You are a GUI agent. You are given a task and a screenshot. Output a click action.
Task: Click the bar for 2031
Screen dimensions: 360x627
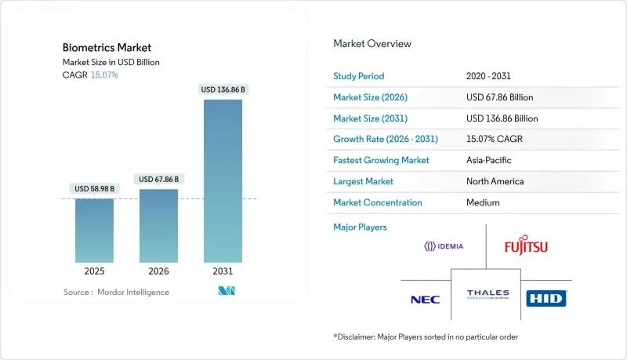pyautogui.click(x=223, y=180)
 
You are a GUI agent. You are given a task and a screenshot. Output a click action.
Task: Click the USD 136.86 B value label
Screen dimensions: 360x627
pyautogui.click(x=223, y=89)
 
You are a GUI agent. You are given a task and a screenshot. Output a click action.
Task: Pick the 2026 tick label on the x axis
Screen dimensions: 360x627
pyautogui.click(x=158, y=271)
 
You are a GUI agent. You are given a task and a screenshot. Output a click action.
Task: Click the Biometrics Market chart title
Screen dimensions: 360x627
pyautogui.click(x=95, y=47)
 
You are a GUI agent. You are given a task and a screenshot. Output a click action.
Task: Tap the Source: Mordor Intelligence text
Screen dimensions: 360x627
pyautogui.click(x=116, y=292)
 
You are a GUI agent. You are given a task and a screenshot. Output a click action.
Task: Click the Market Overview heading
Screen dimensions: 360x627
pyautogui.click(x=372, y=44)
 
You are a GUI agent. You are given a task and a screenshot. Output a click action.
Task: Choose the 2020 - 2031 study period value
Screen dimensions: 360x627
pyautogui.click(x=488, y=77)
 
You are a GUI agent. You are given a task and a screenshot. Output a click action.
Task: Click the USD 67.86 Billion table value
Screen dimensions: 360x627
pyautogui.click(x=502, y=97)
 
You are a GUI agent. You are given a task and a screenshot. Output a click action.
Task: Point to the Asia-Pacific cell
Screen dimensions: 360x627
pyautogui.click(x=491, y=160)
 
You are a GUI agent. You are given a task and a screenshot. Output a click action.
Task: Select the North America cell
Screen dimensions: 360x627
pyautogui.click(x=495, y=181)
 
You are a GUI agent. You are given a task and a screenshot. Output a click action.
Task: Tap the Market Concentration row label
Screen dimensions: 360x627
pyautogui.click(x=378, y=202)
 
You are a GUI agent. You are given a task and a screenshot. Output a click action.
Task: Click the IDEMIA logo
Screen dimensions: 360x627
pyautogui.click(x=444, y=246)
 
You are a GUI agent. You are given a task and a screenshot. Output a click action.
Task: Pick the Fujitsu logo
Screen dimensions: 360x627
pyautogui.click(x=526, y=247)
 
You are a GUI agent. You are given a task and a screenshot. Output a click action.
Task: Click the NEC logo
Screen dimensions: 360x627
pyautogui.click(x=424, y=299)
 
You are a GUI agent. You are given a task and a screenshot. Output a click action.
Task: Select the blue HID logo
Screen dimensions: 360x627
pyautogui.click(x=546, y=298)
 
